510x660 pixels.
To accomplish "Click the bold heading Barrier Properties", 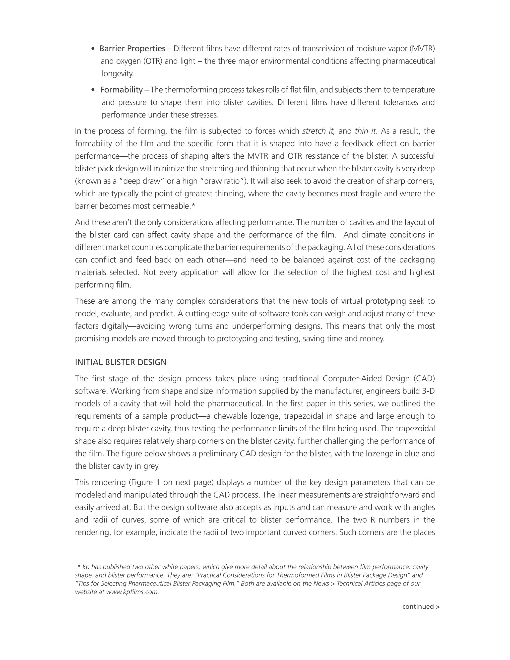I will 132,48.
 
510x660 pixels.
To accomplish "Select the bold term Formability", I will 121,90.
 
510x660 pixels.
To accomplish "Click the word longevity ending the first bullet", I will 118,73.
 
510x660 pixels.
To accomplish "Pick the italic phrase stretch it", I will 319,131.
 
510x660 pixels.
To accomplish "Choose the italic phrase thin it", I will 365,131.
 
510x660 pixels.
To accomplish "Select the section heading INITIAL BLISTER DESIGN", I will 121,362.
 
